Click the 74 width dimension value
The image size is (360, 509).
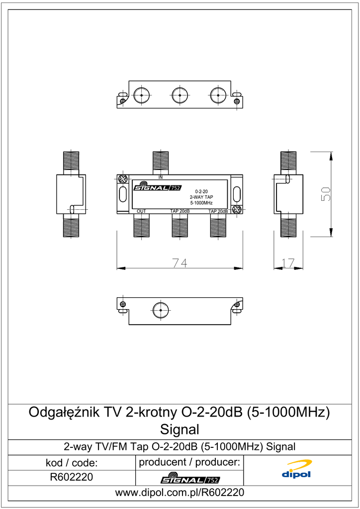180,262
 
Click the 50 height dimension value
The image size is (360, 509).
326,194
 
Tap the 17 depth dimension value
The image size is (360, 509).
288,262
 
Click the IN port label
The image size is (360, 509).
161,177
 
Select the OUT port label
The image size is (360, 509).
141,211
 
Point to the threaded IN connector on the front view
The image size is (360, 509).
161,163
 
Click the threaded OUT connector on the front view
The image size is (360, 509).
142,225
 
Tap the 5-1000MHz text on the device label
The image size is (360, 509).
201,203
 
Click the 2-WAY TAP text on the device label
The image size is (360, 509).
201,197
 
